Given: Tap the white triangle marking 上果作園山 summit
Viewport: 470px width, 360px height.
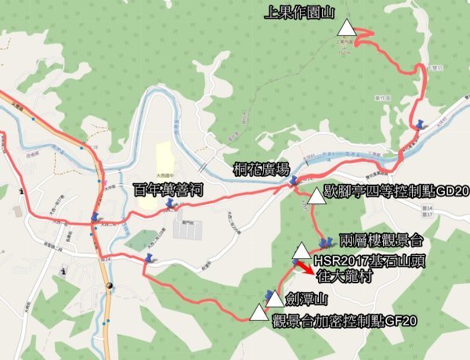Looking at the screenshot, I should coord(346,30).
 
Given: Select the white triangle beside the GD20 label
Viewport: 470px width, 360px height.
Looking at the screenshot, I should coord(316,196).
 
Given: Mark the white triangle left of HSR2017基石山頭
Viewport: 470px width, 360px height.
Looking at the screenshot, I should coord(302,251).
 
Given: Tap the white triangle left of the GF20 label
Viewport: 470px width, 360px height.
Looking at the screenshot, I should coord(258,314).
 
